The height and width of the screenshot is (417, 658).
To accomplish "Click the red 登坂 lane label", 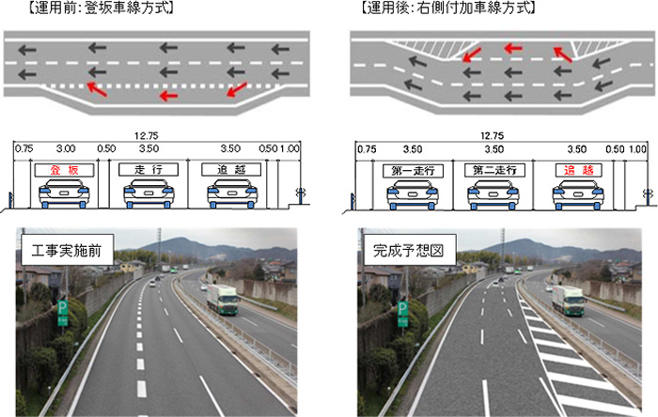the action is [x=64, y=170].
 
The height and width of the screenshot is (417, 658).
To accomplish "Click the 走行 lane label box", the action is [x=149, y=169].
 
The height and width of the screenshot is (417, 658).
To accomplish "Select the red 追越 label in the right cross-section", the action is [x=579, y=170].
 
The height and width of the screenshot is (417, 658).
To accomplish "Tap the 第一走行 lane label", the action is [x=413, y=171].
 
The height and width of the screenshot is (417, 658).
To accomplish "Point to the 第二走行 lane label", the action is [x=494, y=170].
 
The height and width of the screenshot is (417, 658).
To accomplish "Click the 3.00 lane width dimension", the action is [x=66, y=148].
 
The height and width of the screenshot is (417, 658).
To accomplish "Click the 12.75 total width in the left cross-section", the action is [x=147, y=136].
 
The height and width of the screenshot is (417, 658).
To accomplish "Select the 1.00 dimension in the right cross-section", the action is [x=636, y=149].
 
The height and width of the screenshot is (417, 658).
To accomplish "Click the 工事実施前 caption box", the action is [x=67, y=250].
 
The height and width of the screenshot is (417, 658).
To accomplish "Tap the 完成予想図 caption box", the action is [x=409, y=250].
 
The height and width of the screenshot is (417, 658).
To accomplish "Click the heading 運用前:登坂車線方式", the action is [x=101, y=8].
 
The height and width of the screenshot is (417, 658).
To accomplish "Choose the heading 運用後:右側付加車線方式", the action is [x=448, y=8].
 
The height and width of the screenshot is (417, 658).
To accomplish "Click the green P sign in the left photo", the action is [x=63, y=313].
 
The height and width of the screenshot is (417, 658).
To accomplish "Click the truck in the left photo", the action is [x=223, y=300].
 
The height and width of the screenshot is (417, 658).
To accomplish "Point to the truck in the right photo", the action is [x=569, y=301].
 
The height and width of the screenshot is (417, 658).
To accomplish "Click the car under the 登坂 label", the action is [x=64, y=193].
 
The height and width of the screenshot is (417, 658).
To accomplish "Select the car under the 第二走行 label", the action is [x=493, y=194].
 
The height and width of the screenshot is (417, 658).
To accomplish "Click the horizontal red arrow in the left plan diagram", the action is [x=169, y=96].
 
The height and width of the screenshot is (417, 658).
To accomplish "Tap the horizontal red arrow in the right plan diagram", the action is [x=513, y=48].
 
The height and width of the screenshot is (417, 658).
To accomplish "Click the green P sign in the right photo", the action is [x=403, y=314].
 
